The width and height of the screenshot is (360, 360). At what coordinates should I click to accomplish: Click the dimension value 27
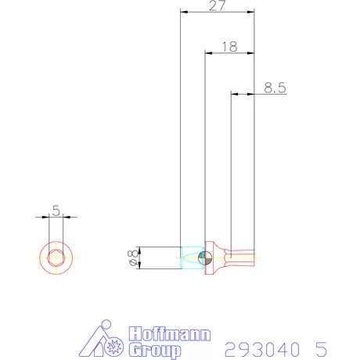[218, 6]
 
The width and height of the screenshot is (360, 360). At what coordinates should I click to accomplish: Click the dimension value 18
[229, 46]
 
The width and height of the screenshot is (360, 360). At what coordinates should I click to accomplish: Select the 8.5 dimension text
[274, 88]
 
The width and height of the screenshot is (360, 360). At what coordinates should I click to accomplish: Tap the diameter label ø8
[132, 257]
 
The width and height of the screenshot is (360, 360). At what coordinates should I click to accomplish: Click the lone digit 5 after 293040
[320, 347]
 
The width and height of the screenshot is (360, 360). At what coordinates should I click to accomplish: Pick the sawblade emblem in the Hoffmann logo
[113, 344]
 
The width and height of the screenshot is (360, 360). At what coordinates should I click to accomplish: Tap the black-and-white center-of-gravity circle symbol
[204, 257]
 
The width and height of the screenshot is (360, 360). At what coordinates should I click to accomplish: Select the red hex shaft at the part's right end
[243, 257]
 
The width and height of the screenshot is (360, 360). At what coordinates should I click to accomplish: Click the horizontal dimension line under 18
[229, 53]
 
